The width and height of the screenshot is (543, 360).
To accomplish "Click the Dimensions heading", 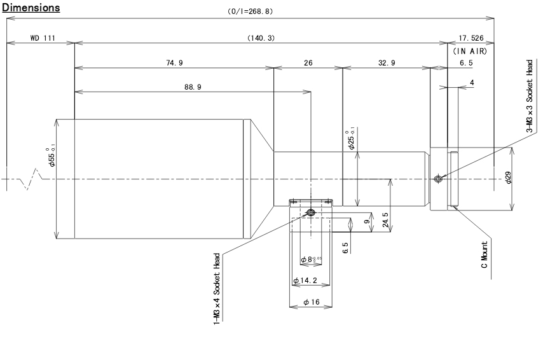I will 31,8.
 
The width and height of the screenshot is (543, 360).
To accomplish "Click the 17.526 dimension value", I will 471,38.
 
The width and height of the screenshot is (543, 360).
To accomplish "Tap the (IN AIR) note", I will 470,51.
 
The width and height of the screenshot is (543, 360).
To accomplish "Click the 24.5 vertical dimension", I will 385,219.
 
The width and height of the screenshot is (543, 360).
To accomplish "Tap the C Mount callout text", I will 485,254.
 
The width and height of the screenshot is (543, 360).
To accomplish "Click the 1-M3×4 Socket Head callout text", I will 217,289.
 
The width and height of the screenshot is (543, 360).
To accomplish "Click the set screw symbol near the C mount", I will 437,179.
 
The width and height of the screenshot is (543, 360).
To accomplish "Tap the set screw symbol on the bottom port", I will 310,212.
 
